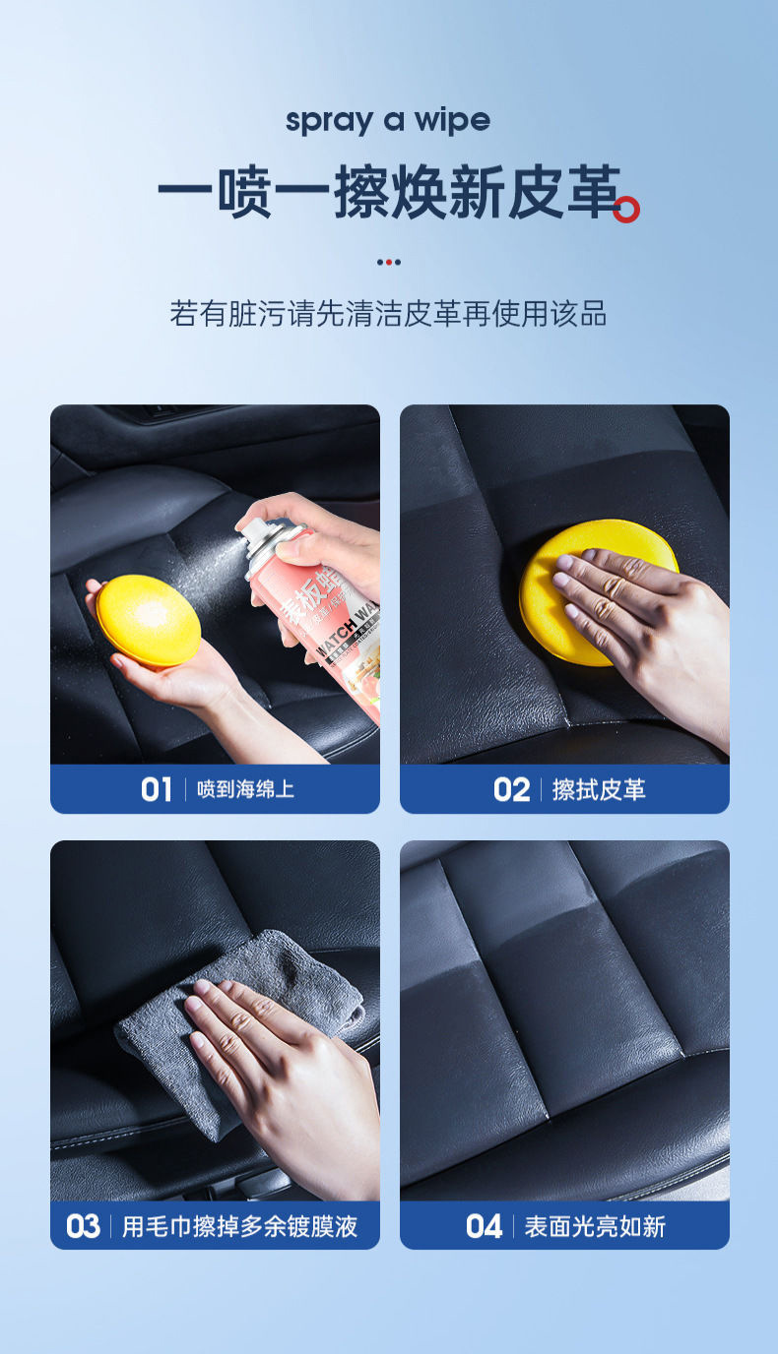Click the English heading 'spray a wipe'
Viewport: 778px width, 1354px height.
click(x=388, y=121)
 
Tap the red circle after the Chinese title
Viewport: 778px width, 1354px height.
click(x=626, y=210)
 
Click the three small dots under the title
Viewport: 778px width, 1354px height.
click(x=389, y=262)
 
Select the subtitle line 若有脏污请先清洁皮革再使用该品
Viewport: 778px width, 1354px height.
click(x=388, y=314)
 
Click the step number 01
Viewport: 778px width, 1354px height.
click(x=156, y=789)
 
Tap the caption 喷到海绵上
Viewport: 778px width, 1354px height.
click(x=245, y=789)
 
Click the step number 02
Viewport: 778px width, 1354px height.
click(x=511, y=789)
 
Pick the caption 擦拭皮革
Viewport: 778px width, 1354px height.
click(x=599, y=789)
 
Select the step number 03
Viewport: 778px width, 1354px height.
click(x=83, y=1226)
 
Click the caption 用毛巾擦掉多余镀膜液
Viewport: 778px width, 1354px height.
click(x=239, y=1226)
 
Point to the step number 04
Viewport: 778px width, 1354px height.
click(x=484, y=1226)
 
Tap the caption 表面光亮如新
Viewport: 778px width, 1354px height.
click(x=595, y=1226)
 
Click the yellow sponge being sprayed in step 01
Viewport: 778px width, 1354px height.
click(x=148, y=620)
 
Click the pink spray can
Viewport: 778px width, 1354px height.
click(x=315, y=620)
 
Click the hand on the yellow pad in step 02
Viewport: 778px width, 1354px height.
click(x=640, y=620)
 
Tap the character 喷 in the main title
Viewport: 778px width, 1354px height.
click(x=243, y=195)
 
